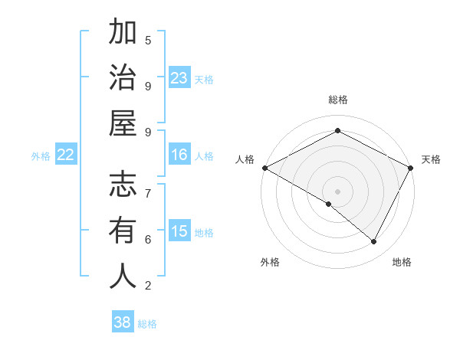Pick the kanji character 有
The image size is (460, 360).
click(x=123, y=230)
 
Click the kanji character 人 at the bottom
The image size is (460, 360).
click(x=123, y=276)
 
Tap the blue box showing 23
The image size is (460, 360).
click(x=179, y=77)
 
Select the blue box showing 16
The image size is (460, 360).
click(x=179, y=155)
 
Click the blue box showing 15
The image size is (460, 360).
click(x=179, y=231)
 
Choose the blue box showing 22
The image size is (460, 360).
click(x=66, y=155)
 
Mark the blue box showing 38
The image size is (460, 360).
click(x=123, y=322)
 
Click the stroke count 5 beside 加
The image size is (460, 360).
click(x=148, y=40)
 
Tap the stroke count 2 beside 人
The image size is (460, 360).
click(x=148, y=286)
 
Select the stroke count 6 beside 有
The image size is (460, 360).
click(x=148, y=239)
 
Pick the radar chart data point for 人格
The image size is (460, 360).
click(x=264, y=168)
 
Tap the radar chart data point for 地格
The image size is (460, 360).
click(x=374, y=241)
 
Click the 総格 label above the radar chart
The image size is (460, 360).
click(x=337, y=100)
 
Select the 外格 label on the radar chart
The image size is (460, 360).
click(x=270, y=262)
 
